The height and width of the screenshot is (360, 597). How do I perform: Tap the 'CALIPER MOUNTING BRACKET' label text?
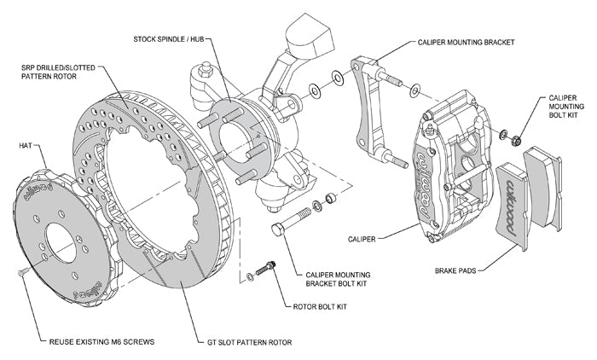(468, 40)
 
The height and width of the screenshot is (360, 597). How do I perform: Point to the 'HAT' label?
(26, 145)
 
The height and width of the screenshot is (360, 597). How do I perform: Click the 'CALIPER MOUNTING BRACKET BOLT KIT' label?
(342, 279)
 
